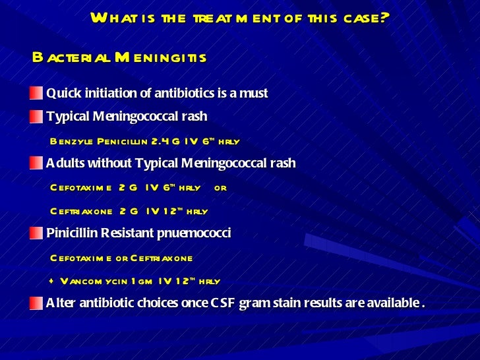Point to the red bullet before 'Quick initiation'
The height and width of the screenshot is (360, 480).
pos(36,93)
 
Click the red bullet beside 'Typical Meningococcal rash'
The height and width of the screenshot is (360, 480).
pos(36,117)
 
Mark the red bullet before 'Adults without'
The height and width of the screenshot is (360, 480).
pos(36,163)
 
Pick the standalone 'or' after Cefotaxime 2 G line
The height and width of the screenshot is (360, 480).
pos(220,188)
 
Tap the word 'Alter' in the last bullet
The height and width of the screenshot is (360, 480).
pos(60,303)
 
